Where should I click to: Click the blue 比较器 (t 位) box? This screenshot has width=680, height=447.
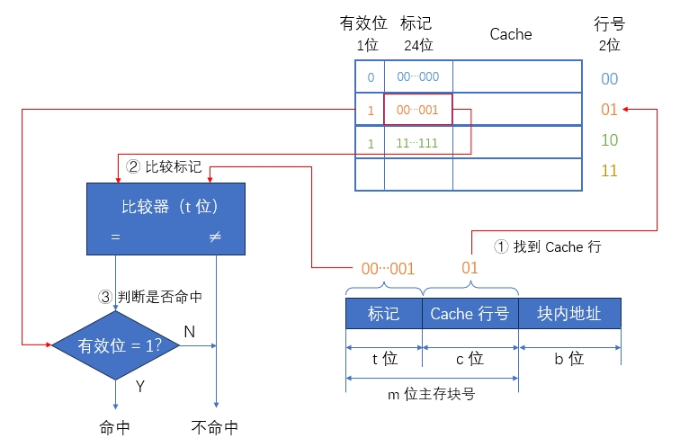(x=166, y=219)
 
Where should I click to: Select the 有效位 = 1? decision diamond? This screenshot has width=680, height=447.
(x=118, y=345)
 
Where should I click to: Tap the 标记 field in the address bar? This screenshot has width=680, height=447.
(x=384, y=314)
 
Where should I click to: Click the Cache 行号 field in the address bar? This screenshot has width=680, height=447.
(x=470, y=314)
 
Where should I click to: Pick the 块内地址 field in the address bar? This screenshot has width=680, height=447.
(x=568, y=314)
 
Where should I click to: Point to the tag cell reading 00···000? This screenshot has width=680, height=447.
(x=417, y=77)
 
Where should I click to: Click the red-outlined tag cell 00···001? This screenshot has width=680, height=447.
(x=417, y=111)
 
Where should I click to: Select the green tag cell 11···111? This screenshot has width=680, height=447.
(x=417, y=143)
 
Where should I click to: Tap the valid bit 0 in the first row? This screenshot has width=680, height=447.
(x=370, y=77)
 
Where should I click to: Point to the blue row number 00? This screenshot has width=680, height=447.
(x=609, y=79)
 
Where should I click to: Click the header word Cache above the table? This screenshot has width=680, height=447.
(x=510, y=34)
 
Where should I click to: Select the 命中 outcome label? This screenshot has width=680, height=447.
(x=116, y=427)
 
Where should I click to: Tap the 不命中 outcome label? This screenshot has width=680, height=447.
(x=215, y=427)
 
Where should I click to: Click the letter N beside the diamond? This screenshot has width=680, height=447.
(x=189, y=332)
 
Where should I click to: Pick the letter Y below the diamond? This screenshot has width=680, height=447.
(x=139, y=387)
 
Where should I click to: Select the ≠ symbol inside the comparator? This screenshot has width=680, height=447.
(x=215, y=238)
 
